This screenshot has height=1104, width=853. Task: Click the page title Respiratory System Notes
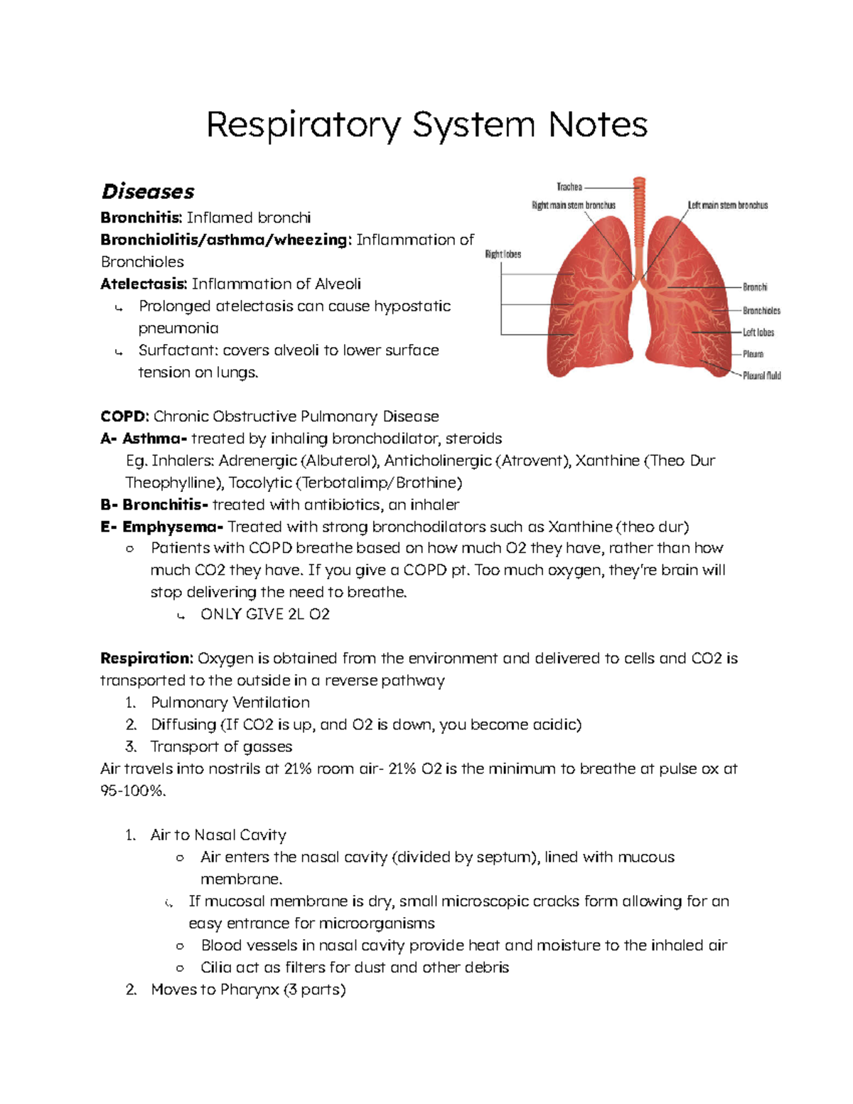point(426,125)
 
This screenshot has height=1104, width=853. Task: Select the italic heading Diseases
point(148,192)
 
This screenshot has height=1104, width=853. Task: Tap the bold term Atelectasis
point(143,284)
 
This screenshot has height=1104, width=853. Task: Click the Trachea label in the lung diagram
point(569,187)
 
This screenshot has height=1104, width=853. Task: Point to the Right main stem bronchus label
point(574,205)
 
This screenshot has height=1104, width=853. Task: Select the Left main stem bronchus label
point(727,205)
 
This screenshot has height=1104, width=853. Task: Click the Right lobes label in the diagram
point(503,254)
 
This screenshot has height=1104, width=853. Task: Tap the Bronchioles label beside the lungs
point(761,311)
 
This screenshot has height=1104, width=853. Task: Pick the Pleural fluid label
point(761,375)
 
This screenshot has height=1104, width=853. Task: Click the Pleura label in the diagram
point(753,354)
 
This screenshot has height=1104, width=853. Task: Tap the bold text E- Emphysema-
point(162,527)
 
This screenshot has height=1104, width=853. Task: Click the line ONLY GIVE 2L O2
point(265,614)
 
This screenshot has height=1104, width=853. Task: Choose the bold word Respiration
point(146,658)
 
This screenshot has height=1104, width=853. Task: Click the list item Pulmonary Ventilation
point(230,702)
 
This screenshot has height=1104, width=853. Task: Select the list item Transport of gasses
point(221,746)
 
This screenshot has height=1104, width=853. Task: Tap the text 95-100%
point(133,791)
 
